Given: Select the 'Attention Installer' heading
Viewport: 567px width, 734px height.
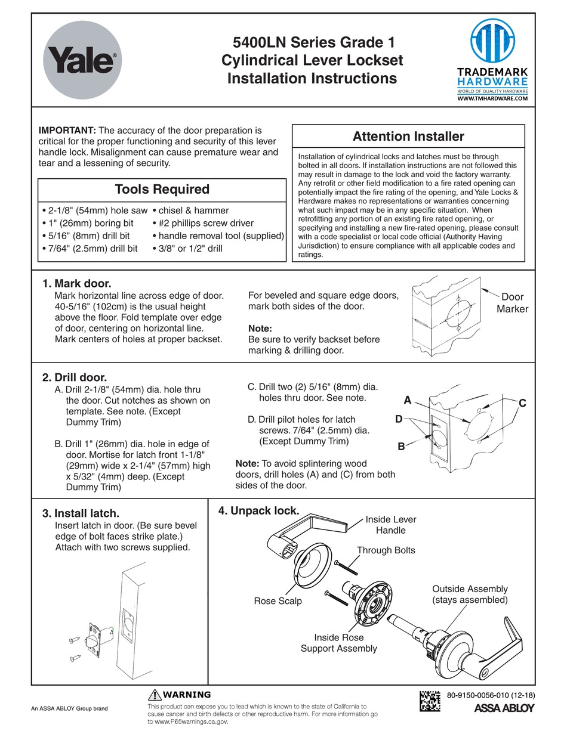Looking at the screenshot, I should (x=408, y=137).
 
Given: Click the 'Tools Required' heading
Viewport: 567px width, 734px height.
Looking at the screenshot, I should (x=162, y=190).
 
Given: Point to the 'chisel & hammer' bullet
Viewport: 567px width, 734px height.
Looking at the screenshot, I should (x=190, y=210).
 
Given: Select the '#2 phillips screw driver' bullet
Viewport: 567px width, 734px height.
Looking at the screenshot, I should (x=203, y=223).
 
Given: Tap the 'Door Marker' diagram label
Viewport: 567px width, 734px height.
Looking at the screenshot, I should (x=511, y=303).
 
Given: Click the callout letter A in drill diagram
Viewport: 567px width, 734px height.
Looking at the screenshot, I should (x=408, y=400).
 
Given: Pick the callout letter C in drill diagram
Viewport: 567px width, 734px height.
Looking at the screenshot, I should (x=522, y=404).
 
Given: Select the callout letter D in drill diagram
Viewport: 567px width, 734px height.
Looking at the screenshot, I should (x=399, y=419).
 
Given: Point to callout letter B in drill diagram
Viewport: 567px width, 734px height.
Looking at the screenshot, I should (x=401, y=446).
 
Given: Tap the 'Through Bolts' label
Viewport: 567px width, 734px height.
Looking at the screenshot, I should (x=386, y=550).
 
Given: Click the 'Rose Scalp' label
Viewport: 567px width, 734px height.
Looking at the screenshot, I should (x=278, y=601).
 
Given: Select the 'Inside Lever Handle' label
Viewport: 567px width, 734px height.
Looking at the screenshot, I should (x=391, y=525).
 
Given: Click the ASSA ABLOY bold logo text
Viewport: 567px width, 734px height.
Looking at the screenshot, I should (x=504, y=709).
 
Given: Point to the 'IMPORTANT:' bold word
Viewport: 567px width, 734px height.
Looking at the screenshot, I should (x=67, y=130).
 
